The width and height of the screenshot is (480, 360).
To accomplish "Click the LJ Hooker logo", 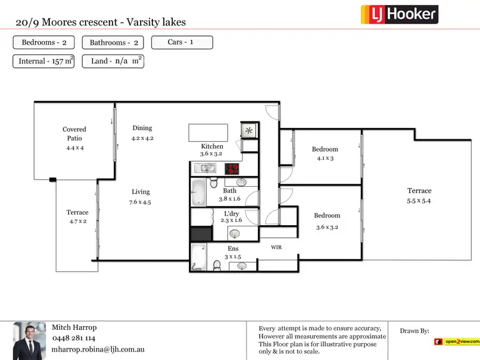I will [x=399, y=13].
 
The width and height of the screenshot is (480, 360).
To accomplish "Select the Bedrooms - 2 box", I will [x=44, y=43].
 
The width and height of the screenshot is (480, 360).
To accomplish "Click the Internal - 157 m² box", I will [x=44, y=61].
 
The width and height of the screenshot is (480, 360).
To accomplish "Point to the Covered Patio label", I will [x=74, y=133].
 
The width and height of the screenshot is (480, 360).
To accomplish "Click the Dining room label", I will [x=142, y=128].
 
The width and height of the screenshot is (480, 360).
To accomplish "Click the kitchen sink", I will [x=207, y=169].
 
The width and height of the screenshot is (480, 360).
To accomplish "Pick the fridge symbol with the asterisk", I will [x=248, y=130].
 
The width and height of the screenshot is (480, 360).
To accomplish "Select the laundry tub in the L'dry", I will [x=234, y=233].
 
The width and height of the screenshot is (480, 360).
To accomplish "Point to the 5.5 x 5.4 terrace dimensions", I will [x=420, y=201].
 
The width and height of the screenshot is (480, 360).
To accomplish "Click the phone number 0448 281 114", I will [x=74, y=338].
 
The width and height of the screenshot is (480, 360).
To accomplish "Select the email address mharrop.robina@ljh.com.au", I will [x=99, y=350].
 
